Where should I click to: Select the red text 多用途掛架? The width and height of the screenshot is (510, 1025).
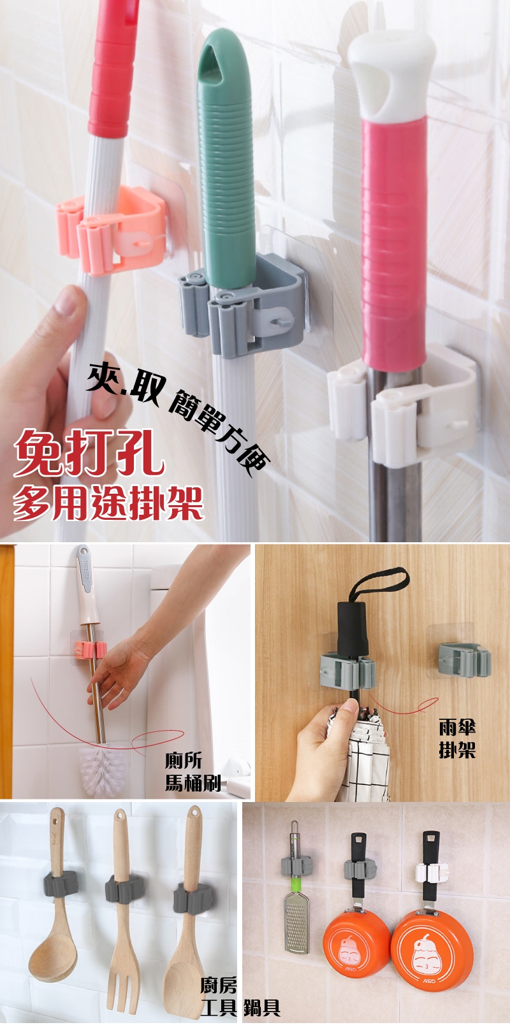(108, 503)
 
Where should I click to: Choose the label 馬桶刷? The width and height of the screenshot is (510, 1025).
(193, 783)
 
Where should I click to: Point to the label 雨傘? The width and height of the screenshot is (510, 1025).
(457, 727)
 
